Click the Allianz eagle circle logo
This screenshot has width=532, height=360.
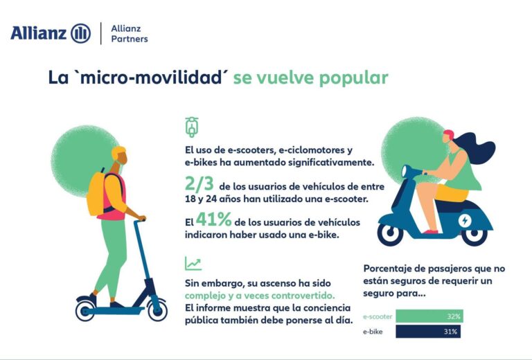tap(80, 33)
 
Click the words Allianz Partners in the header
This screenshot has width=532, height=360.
tap(129, 33)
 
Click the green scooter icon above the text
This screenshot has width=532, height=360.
tap(192, 127)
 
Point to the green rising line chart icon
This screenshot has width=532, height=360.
tap(193, 263)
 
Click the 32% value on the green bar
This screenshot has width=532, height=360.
tap(454, 316)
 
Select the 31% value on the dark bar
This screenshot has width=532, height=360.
tap(454, 332)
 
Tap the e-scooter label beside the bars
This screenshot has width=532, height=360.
tap(379, 316)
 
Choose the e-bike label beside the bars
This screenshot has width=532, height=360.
tap(375, 332)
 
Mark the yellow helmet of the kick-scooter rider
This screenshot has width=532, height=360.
tap(118, 153)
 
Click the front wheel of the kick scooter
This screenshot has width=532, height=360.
tap(157, 310)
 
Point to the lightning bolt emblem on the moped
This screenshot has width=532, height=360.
tap(463, 221)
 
